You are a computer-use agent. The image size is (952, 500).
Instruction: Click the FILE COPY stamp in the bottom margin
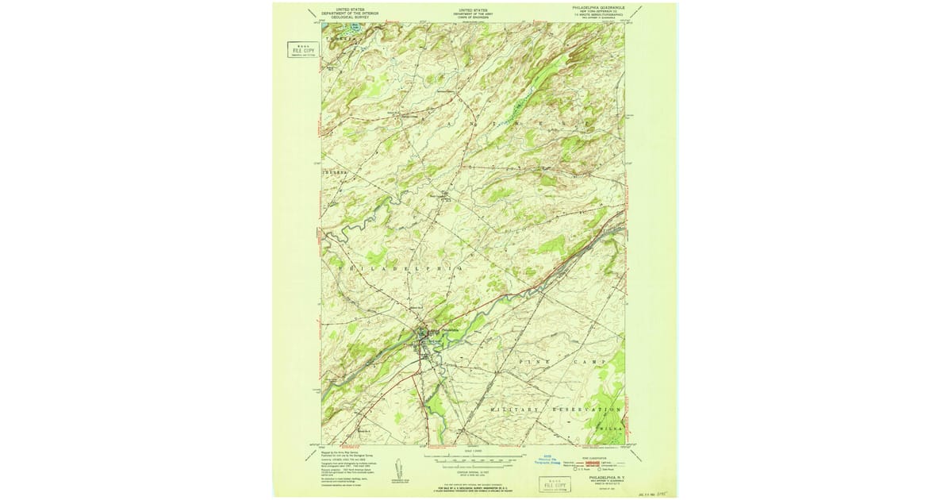point(555,483)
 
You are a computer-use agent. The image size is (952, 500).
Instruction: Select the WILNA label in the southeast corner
point(608,426)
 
